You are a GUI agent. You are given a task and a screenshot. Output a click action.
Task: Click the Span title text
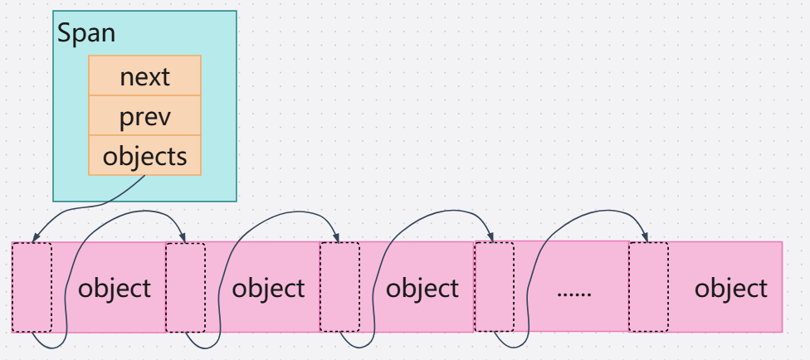[86, 34]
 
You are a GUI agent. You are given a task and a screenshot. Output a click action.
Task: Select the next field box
[145, 76]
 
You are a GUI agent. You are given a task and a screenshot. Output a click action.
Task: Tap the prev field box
[145, 116]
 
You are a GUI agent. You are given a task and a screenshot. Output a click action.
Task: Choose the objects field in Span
[145, 156]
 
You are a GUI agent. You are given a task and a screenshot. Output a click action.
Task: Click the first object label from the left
[115, 288]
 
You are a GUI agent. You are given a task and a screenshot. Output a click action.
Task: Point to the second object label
[268, 288]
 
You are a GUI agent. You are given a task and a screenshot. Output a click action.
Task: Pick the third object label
[422, 288]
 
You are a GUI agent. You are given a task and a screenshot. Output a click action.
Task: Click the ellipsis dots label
[573, 290]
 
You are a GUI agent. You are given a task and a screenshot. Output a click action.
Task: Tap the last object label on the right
[731, 288]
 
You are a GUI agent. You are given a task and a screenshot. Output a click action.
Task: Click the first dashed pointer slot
[32, 287]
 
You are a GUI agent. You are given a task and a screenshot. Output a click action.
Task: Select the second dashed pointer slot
[185, 287]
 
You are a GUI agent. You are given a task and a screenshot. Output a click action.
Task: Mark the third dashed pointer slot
[339, 287]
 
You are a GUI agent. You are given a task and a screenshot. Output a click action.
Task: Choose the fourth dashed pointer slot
[494, 287]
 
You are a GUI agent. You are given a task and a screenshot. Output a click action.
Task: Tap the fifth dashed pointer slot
[648, 287]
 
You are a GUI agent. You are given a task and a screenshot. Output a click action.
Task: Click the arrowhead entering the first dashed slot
[33, 238]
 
